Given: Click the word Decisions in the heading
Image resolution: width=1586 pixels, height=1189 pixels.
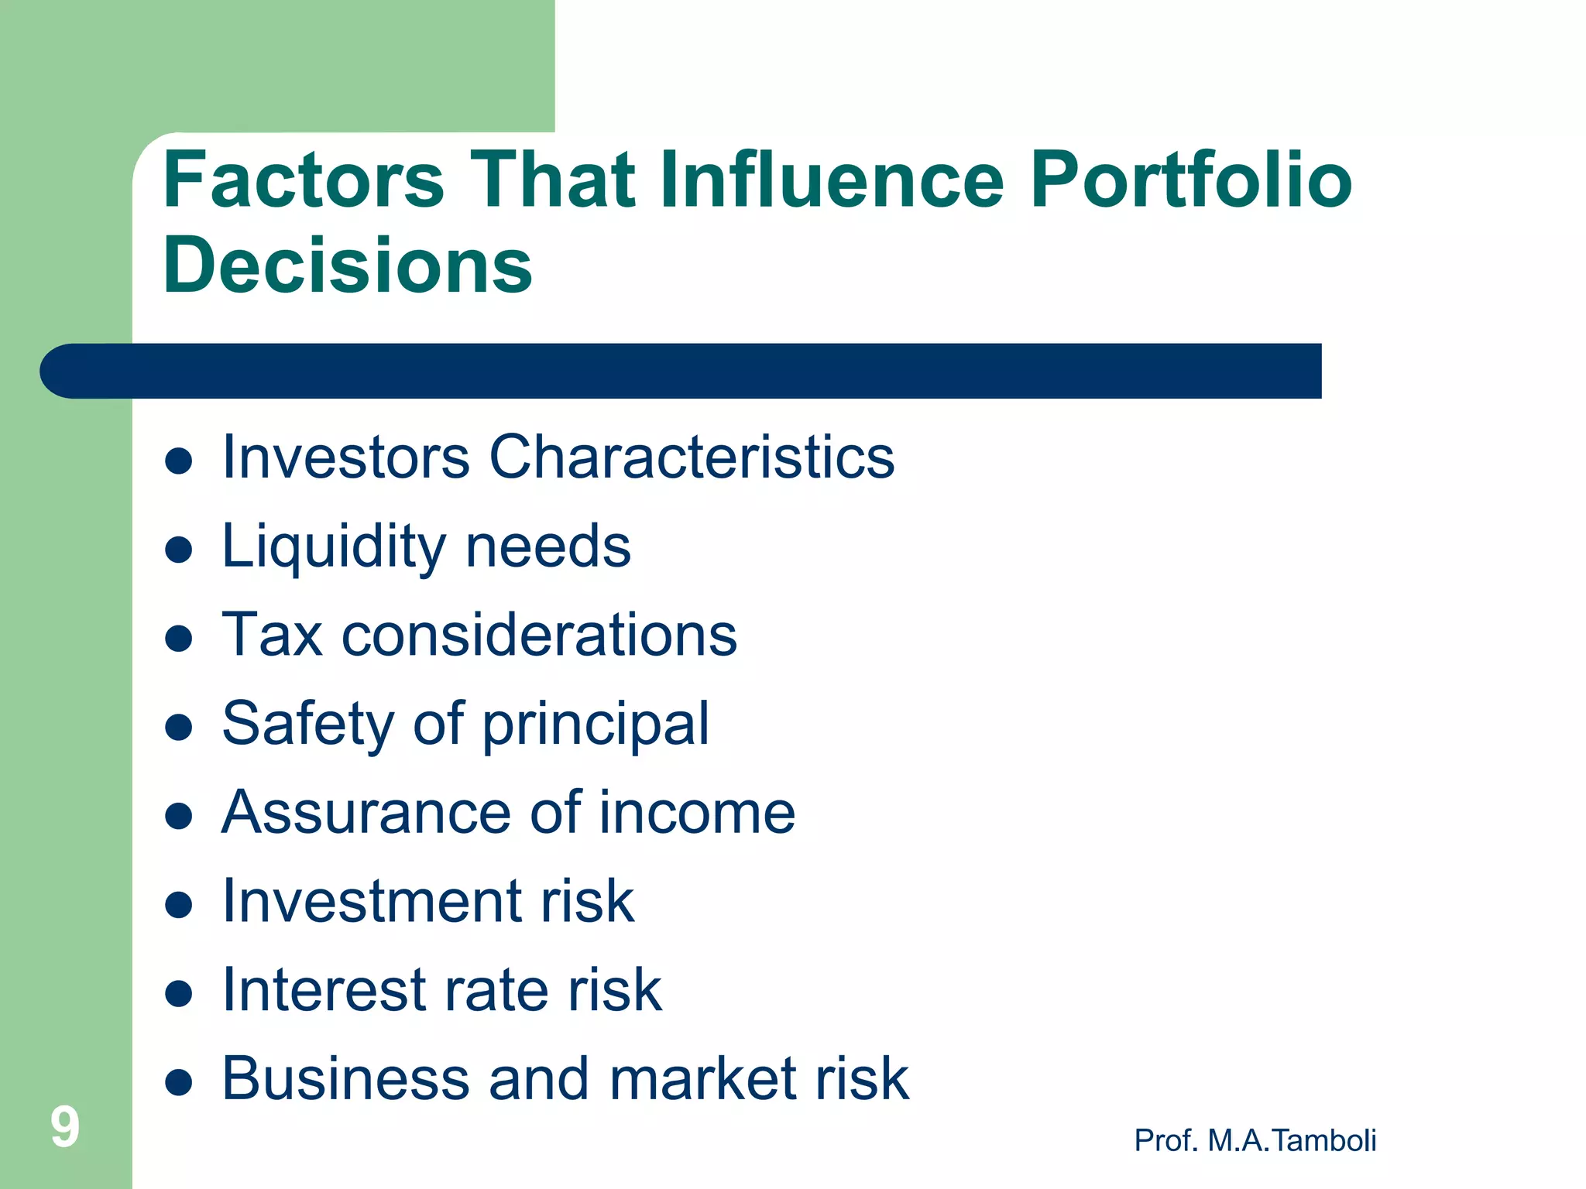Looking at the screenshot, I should (x=348, y=265).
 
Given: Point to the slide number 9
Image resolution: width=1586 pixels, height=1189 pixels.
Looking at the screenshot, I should (x=65, y=1127).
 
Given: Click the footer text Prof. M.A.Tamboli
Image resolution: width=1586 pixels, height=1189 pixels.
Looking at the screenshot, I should (x=1255, y=1140).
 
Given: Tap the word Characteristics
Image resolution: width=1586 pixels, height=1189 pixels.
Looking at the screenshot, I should (x=692, y=457).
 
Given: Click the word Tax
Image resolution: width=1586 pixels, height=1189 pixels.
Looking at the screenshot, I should (x=272, y=635).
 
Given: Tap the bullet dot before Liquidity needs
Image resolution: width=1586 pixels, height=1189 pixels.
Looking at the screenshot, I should (x=179, y=550).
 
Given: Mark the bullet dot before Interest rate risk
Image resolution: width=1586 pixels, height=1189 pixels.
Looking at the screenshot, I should (x=179, y=994).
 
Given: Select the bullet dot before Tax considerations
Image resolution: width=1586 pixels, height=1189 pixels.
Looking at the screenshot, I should (x=179, y=639).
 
